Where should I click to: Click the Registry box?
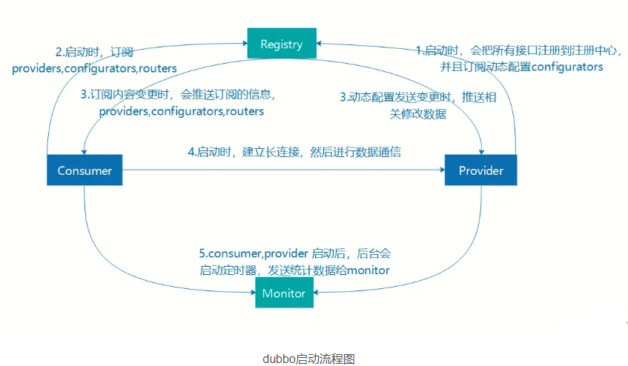coord(282,44)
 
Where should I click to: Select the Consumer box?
coord(85,171)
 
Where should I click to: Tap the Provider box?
coord(480,171)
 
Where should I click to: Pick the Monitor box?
coord(283,293)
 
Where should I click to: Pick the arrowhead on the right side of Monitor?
coord(317,293)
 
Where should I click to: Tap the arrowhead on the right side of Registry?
coord(320,44)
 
